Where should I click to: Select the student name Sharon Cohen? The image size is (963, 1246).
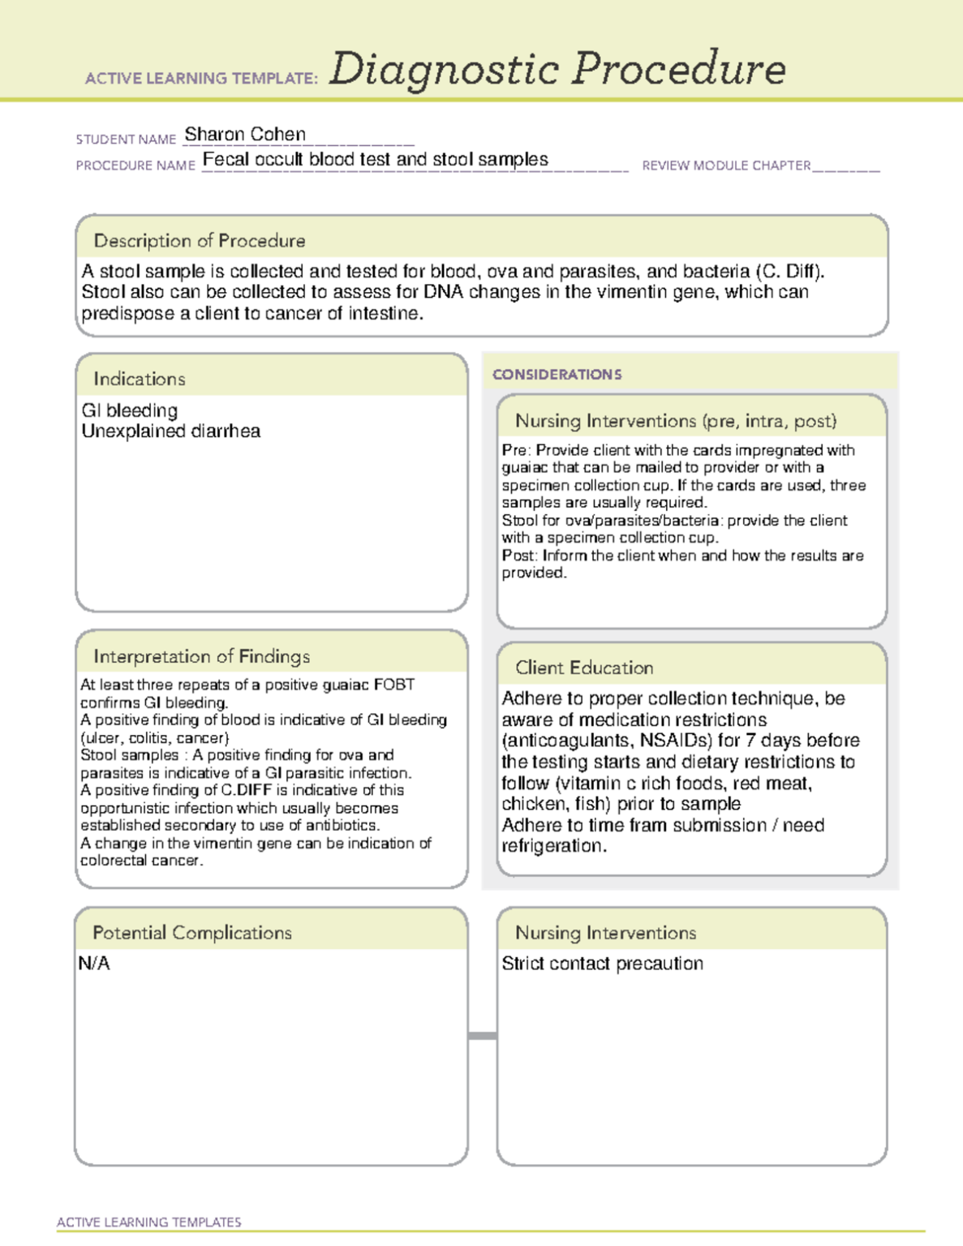point(245,134)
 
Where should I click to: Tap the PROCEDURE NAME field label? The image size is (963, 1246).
point(135,165)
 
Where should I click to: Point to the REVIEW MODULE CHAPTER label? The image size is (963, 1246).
point(726,165)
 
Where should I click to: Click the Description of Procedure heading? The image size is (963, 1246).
point(200,241)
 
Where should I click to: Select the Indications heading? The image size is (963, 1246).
point(140,379)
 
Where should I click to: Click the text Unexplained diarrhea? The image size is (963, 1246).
point(170,432)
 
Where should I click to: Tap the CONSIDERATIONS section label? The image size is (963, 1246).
point(557,375)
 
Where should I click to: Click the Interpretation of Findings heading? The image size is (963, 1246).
point(201,656)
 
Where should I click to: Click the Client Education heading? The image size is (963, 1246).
point(584,668)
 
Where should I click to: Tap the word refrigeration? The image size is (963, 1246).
point(552,846)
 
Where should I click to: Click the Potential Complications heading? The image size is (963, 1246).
point(192,933)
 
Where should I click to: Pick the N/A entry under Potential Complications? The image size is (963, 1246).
point(93,964)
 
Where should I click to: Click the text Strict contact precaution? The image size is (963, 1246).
point(602,964)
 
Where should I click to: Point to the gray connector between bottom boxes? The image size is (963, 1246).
point(483,1036)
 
